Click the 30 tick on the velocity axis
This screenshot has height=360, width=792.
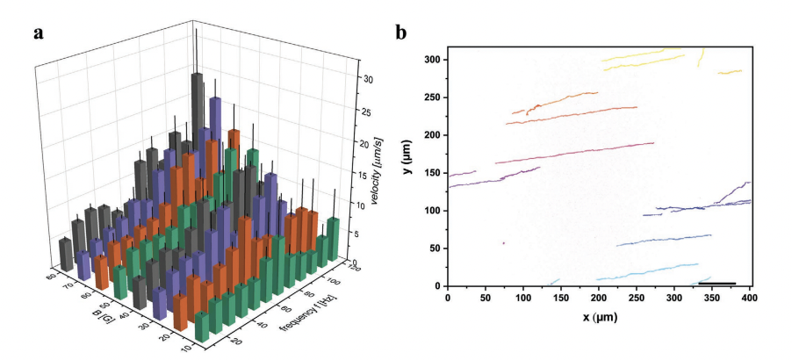point(369,80)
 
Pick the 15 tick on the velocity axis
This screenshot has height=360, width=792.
point(369,174)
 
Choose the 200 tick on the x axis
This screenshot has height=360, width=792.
point(599,299)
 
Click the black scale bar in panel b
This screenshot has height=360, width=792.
point(719,284)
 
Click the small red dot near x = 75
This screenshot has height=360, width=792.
point(503,243)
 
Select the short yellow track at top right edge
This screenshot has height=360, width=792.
point(731,71)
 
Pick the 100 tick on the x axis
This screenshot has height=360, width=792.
point(523,299)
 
